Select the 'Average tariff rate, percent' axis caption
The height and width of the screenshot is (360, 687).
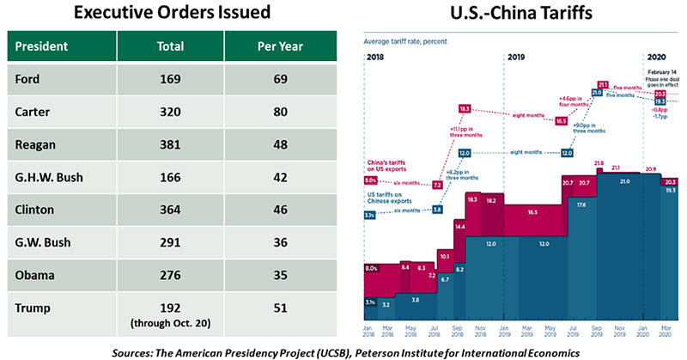pos(404,41)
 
